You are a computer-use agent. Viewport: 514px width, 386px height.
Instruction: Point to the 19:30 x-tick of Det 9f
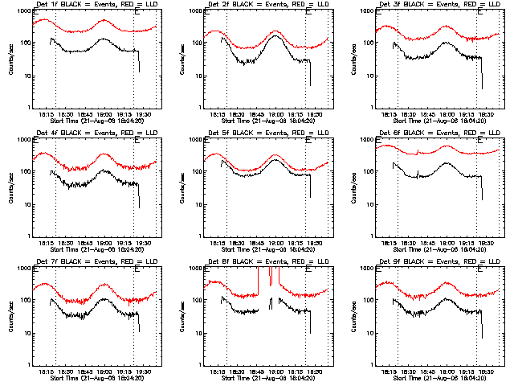point(487,369)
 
